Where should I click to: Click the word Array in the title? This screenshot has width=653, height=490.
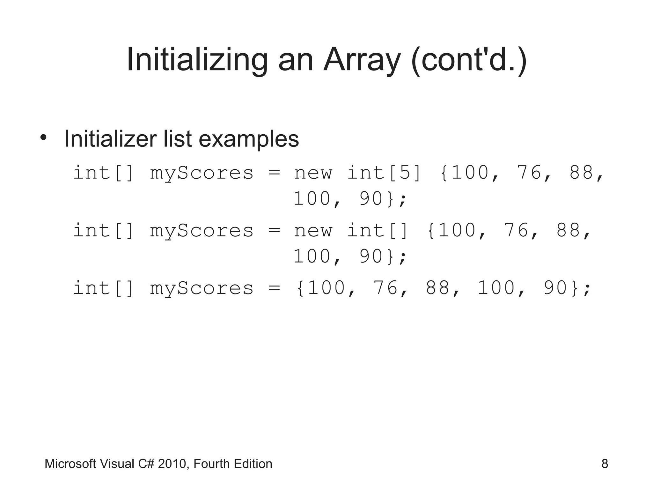tap(362, 60)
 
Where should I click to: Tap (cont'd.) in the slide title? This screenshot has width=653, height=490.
tap(469, 60)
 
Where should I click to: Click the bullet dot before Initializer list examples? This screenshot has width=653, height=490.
tap(43, 138)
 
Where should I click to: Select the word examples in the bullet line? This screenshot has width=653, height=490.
tap(249, 139)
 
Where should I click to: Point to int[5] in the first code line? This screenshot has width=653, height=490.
tap(384, 173)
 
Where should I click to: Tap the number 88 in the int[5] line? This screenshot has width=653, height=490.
tap(582, 173)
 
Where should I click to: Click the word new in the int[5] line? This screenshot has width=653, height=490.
tap(313, 173)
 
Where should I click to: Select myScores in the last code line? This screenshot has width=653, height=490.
tap(202, 288)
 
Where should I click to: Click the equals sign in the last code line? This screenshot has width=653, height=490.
tap(274, 288)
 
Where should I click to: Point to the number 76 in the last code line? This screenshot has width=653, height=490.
tap(385, 288)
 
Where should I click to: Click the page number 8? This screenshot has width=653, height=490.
tap(605, 464)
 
